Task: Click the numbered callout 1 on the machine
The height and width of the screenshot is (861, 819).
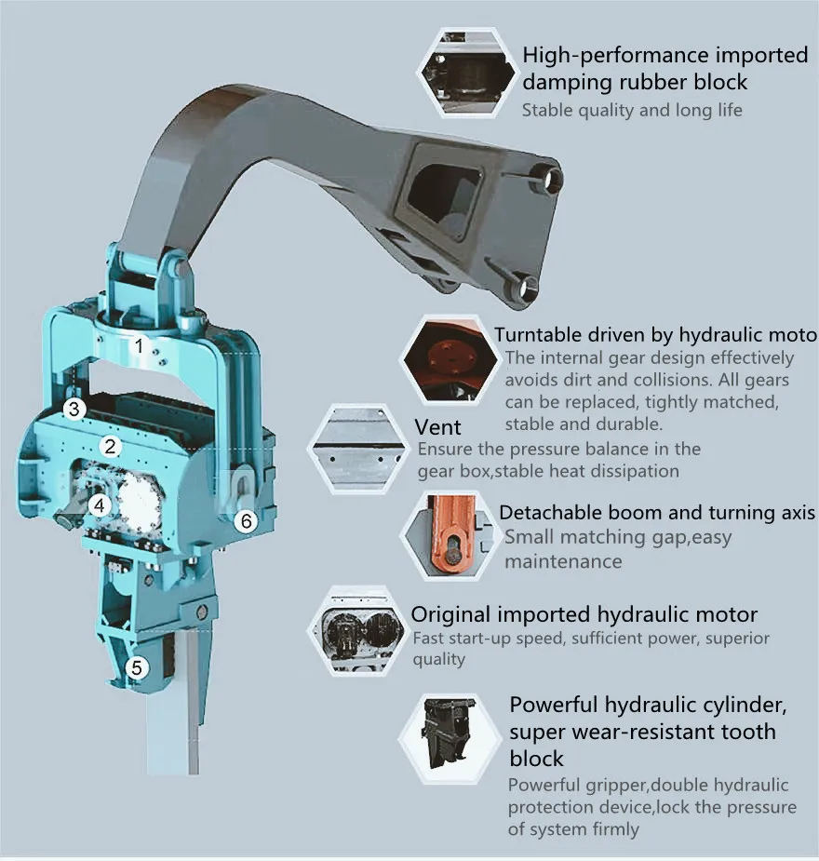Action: tap(138, 346)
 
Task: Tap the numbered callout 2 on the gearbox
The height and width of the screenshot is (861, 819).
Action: tap(111, 446)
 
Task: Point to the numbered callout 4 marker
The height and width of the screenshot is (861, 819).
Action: tap(100, 505)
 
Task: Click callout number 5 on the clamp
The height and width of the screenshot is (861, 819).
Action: tap(137, 666)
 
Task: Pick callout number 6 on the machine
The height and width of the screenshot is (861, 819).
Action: tap(245, 521)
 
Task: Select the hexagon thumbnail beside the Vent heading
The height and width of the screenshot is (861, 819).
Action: tap(359, 446)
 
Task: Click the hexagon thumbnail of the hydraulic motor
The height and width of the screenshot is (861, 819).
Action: tap(359, 629)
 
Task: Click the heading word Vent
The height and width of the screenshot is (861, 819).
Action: tap(437, 427)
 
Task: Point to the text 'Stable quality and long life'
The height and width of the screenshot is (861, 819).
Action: tap(632, 110)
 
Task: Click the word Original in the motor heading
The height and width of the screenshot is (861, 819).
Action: tap(451, 614)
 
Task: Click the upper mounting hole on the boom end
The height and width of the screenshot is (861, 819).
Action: tap(549, 178)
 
